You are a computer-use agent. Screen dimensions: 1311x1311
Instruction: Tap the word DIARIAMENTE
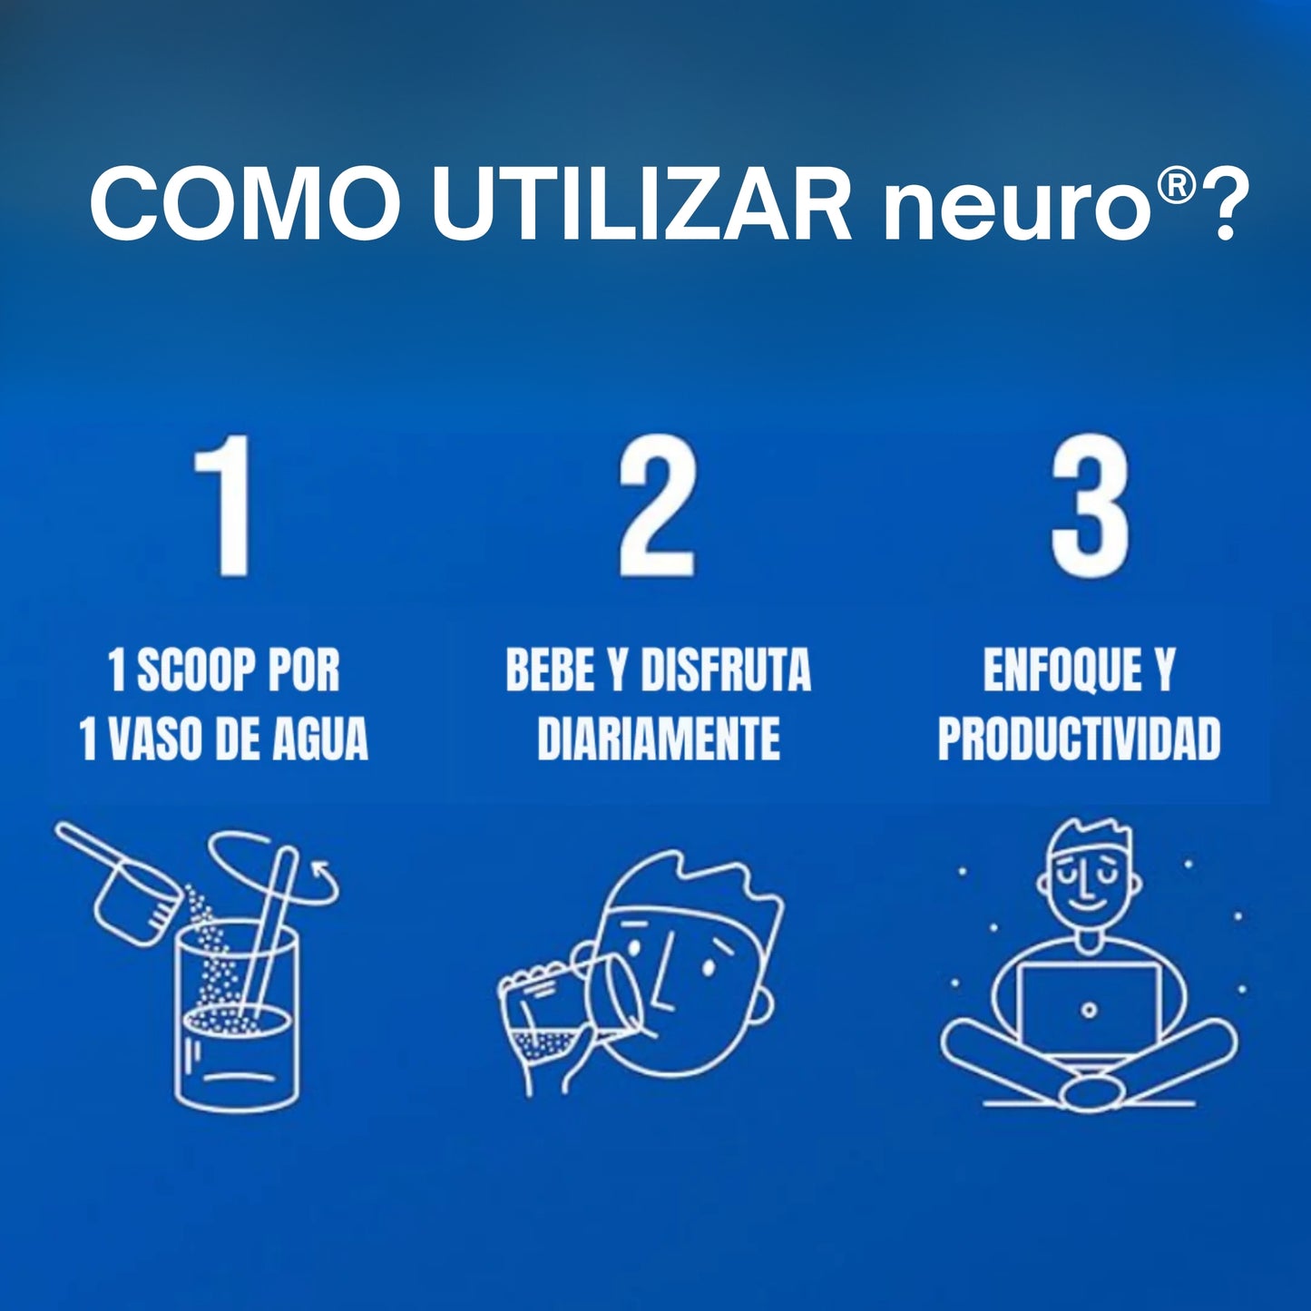pos(658,739)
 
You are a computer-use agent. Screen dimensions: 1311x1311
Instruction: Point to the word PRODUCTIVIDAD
pos(1079,739)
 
